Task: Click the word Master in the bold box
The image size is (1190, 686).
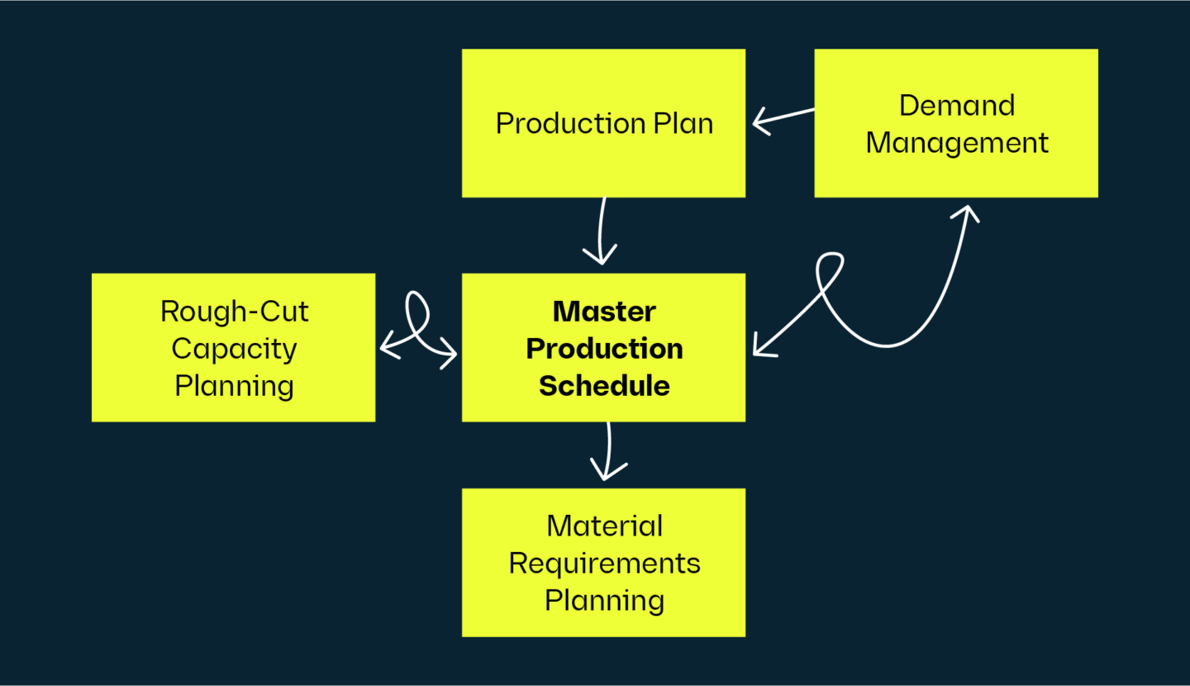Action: click(604, 312)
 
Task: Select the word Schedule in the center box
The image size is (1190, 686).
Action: click(604, 386)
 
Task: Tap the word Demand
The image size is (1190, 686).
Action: click(956, 106)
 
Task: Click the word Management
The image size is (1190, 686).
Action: click(956, 143)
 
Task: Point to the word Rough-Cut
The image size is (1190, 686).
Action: click(234, 312)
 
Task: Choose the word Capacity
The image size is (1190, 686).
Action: click(234, 349)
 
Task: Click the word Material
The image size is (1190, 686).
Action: click(604, 526)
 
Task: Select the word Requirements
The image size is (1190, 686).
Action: click(604, 564)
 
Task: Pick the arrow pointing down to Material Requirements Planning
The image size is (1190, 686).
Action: click(607, 452)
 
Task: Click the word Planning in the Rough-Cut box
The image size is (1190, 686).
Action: click(234, 386)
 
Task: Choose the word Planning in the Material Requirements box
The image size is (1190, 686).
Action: click(604, 601)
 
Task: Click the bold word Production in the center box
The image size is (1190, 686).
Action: click(604, 349)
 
